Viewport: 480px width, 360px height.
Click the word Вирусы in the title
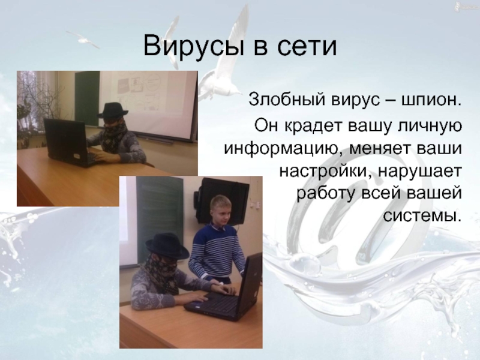[193, 47]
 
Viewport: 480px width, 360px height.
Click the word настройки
[326, 172]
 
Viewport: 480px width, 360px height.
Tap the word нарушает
[419, 172]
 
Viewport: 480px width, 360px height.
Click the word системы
[422, 216]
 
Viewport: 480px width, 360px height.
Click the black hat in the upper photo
[112, 110]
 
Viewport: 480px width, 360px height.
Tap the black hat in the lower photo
[167, 245]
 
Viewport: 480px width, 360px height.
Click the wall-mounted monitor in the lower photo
[223, 200]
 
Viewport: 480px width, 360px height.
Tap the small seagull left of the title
[83, 39]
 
